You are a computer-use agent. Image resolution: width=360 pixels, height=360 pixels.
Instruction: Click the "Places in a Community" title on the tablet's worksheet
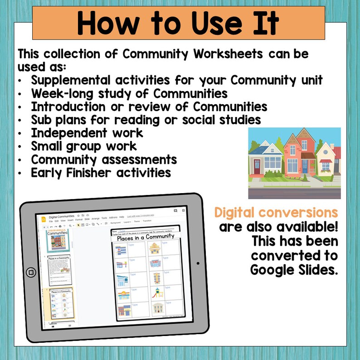tap(146, 237)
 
